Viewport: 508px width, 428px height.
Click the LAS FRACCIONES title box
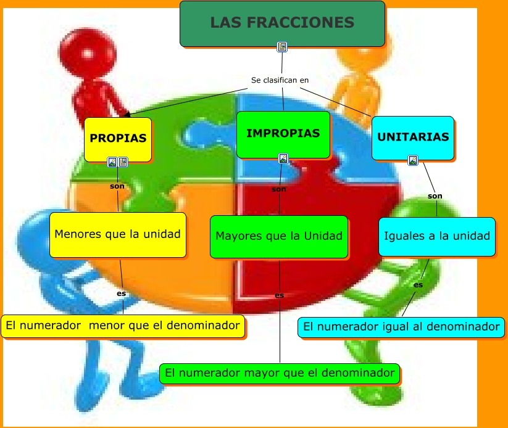click(x=282, y=23)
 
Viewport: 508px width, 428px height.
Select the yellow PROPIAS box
click(x=118, y=139)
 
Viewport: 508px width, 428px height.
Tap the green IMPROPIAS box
click(x=283, y=134)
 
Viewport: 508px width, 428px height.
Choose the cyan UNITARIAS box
click(x=413, y=138)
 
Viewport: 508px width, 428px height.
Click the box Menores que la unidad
click(x=117, y=235)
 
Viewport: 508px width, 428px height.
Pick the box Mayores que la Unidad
click(x=279, y=236)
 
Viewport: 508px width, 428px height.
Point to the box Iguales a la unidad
click(x=437, y=236)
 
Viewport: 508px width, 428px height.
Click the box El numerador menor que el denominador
click(x=122, y=326)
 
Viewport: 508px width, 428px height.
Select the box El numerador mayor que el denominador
click(x=280, y=373)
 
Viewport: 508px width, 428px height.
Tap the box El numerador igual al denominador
click(x=401, y=327)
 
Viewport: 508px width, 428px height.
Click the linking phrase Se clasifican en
click(x=280, y=80)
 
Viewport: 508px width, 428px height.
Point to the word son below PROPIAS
click(x=117, y=186)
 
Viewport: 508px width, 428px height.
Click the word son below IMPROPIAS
click(x=279, y=189)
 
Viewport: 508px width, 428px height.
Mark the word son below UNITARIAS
click(x=435, y=196)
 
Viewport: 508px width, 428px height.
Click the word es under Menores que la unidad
click(x=122, y=294)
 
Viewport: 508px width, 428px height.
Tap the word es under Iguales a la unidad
click(x=418, y=285)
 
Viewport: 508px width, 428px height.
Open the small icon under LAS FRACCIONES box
click(x=282, y=47)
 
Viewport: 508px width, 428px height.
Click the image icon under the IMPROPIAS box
click(x=283, y=158)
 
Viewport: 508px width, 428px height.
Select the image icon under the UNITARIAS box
click(x=413, y=160)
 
